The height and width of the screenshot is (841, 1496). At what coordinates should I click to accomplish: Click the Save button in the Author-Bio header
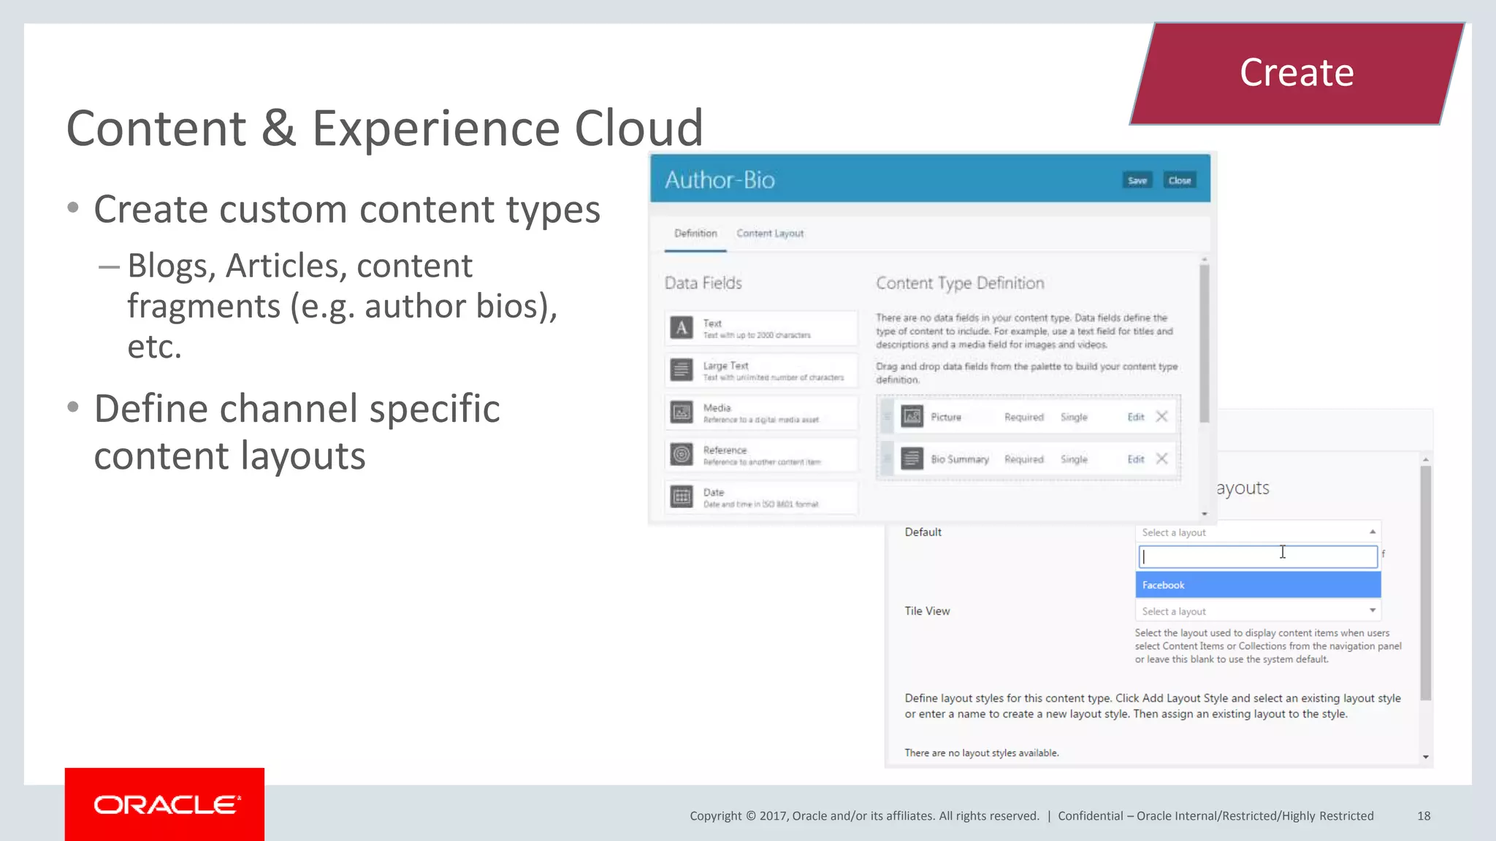1137,180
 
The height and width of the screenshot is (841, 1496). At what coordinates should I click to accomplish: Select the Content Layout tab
770,234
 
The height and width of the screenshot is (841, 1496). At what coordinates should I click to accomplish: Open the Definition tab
695,234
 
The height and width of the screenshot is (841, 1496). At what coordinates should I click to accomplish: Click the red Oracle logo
164,804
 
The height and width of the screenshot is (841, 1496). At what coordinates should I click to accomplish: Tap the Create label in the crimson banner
1297,73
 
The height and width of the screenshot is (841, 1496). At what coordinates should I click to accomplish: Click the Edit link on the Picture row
1135,417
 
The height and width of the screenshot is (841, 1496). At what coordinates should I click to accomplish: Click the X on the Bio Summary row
1161,458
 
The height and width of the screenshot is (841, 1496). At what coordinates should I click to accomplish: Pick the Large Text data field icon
682,369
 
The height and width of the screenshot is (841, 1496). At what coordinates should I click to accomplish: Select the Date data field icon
682,496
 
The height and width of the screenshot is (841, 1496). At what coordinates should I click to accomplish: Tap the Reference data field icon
682,454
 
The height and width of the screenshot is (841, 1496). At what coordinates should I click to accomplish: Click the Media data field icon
682,412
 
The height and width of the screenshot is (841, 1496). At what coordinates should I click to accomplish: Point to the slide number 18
1424,815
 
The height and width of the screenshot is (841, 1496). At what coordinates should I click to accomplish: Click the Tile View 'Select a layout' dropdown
1257,611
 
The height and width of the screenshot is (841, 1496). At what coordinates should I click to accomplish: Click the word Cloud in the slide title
638,128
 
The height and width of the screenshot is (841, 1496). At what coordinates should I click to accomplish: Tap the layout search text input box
1257,557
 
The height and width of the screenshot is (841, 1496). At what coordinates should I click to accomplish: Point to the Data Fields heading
703,283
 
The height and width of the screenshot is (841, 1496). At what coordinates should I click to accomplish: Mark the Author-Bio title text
720,180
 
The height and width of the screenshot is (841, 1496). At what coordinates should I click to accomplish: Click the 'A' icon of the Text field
682,327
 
